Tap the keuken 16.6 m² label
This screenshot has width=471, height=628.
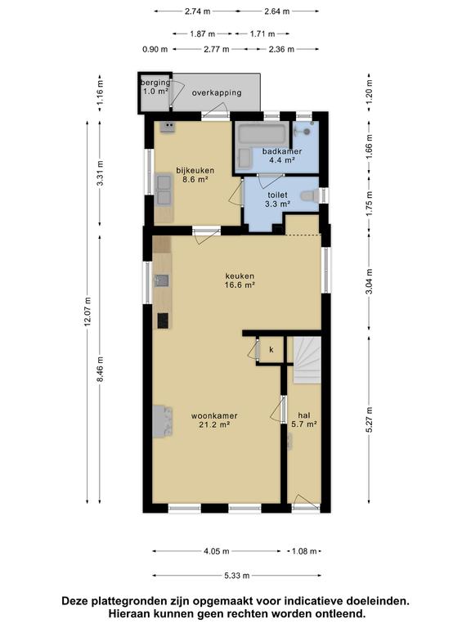click(x=240, y=280)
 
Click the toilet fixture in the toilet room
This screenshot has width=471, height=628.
click(x=310, y=196)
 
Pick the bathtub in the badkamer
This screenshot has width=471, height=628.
click(x=262, y=134)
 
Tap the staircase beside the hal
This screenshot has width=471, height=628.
click(x=307, y=360)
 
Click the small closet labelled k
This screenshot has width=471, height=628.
click(x=271, y=350)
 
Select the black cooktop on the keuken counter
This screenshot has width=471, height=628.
click(x=163, y=321)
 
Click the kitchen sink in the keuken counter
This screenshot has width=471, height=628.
click(x=162, y=280)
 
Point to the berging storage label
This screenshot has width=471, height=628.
click(x=155, y=87)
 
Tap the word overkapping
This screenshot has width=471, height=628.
click(x=217, y=93)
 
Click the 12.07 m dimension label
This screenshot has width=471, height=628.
click(x=88, y=312)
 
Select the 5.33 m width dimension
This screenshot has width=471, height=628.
click(x=236, y=576)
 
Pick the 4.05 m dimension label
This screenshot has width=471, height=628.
click(x=217, y=551)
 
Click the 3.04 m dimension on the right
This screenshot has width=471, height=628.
click(x=370, y=281)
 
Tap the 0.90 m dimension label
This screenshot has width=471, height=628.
click(x=155, y=49)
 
